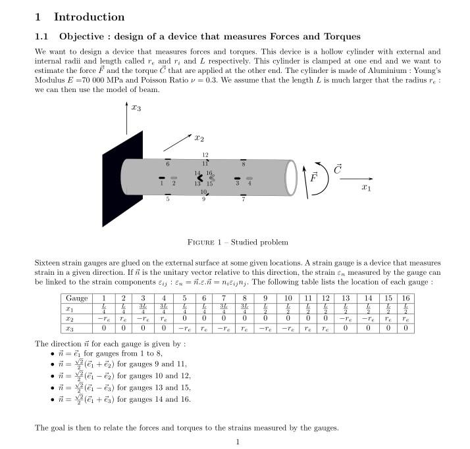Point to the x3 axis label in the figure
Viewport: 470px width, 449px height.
pos(136,108)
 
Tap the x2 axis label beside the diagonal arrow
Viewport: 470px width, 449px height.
pos(199,138)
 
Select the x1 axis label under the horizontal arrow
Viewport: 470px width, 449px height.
pos(367,187)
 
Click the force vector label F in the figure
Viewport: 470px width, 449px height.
pos(314,177)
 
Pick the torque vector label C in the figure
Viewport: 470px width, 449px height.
pos(337,169)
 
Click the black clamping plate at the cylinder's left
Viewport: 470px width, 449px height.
pos(122,179)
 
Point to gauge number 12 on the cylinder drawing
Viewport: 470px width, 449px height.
pos(205,154)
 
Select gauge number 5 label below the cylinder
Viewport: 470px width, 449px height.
pos(167,199)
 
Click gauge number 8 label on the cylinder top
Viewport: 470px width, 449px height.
pos(244,164)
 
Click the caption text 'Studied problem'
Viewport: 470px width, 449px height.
pos(261,243)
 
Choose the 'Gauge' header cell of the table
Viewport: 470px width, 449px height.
pos(76,298)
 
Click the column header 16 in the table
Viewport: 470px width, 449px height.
pos(405,298)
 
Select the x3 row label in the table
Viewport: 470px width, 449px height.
pos(69,327)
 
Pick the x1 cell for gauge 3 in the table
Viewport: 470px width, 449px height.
pos(143,308)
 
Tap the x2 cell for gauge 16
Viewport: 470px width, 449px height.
pos(405,318)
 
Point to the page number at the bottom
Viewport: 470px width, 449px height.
pos(238,442)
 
